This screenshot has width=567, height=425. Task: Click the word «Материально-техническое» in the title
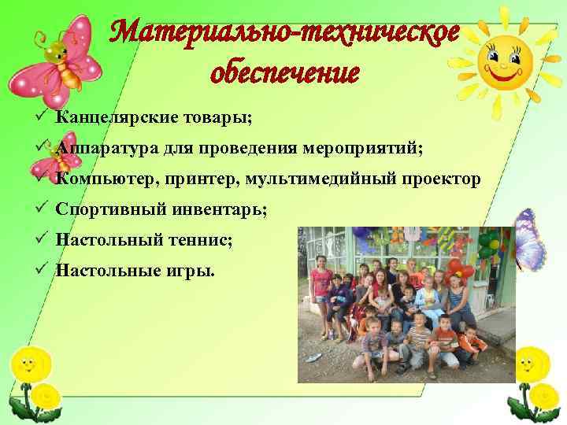pyautogui.click(x=285, y=34)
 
